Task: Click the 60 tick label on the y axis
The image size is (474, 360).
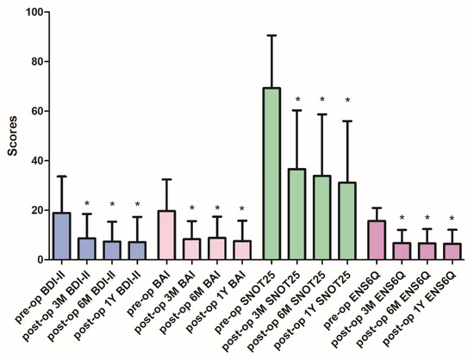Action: [x=31, y=111]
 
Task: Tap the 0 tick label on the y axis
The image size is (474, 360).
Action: [x=34, y=259]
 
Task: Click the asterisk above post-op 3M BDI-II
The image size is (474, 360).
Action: [x=87, y=204]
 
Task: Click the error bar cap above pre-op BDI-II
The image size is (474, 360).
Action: [x=61, y=177]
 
